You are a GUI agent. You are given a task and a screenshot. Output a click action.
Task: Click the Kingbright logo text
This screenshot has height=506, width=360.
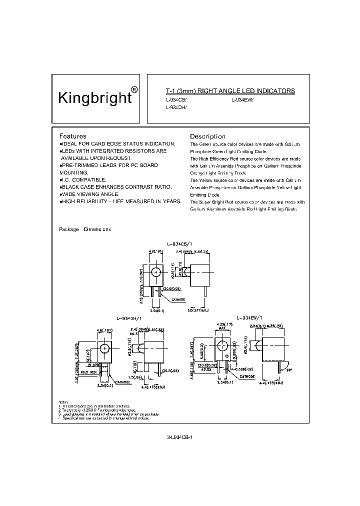click(95, 97)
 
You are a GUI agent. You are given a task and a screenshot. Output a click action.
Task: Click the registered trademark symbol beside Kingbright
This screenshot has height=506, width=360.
click(134, 90)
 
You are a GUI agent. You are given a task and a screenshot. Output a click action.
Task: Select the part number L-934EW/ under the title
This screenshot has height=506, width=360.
click(242, 99)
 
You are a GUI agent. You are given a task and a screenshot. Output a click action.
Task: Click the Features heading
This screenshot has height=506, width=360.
click(72, 136)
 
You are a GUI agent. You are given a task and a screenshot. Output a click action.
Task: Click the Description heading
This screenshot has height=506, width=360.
click(207, 136)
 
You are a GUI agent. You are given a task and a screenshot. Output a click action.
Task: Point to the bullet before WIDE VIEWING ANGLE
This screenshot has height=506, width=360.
click(60, 194)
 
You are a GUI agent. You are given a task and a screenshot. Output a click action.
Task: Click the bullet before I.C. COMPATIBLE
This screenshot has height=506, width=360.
click(60, 179)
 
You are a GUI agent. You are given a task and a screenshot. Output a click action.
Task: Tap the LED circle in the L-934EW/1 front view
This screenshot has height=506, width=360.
click(221, 346)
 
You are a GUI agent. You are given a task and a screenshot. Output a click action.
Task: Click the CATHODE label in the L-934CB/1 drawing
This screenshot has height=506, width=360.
click(178, 299)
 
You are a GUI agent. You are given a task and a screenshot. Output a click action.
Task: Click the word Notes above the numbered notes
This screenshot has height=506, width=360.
click(62, 401)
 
